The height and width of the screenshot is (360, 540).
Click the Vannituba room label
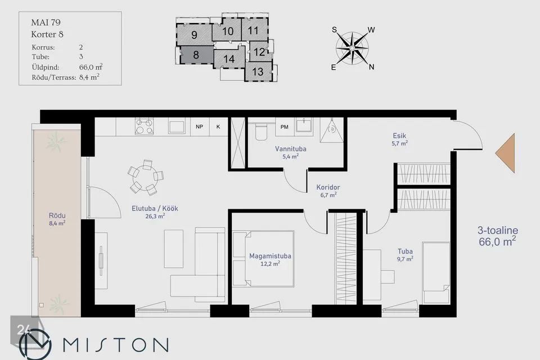point(290,149)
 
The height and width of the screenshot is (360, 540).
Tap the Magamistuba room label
point(270,256)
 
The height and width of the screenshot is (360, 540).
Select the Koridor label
point(328,187)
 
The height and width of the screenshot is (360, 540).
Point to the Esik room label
point(399,136)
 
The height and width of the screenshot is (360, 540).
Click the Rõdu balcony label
point(57,215)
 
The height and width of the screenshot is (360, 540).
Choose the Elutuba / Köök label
point(155,209)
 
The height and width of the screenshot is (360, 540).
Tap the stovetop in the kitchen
point(145,126)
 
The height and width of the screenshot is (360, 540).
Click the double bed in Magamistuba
point(263,259)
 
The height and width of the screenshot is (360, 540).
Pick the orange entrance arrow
point(505,153)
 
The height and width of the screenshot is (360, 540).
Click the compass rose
point(352,48)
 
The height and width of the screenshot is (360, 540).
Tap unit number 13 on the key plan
point(258,71)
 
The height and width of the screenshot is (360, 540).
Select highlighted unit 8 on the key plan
point(196,55)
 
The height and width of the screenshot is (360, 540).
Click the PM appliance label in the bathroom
point(284,127)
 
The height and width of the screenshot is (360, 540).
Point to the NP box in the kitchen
point(199,127)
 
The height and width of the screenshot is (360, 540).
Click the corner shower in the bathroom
point(331,130)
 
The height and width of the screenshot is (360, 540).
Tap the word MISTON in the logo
point(116,345)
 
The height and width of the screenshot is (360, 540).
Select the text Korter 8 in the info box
point(47,34)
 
